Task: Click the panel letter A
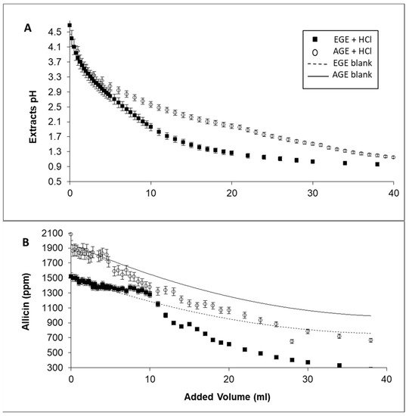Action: pos(28,28)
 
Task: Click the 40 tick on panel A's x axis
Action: pos(392,194)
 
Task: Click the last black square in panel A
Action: pos(377,164)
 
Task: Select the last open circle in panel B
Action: pos(370,340)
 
